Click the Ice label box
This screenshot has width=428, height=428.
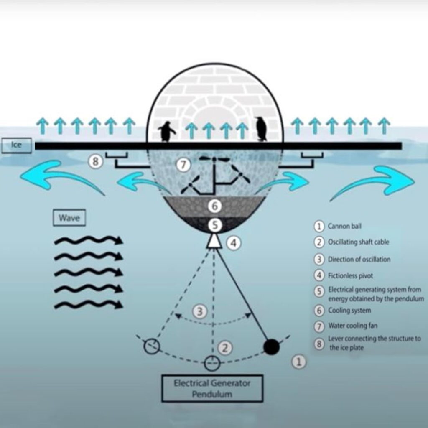pos(16,146)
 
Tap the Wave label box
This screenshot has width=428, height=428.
pos(69,218)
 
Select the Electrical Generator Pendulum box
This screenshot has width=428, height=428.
pos(212,388)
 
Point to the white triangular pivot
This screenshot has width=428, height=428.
pos(214,241)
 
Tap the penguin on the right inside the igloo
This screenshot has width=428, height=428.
pos(261,129)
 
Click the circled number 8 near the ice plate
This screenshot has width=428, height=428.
pos(96,161)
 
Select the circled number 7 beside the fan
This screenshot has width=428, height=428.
pos(183,165)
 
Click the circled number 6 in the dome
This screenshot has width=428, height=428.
pos(214,206)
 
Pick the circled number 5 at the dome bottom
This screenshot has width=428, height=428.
pos(214,225)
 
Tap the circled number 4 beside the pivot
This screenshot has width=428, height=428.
pos(234,243)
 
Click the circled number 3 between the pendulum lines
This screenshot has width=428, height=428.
pos(200,311)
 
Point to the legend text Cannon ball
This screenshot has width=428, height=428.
pos(344,227)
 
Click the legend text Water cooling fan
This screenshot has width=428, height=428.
pos(352,326)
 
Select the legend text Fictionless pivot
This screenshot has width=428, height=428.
pos(350,276)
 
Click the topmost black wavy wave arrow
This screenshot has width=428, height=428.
pos(89,240)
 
